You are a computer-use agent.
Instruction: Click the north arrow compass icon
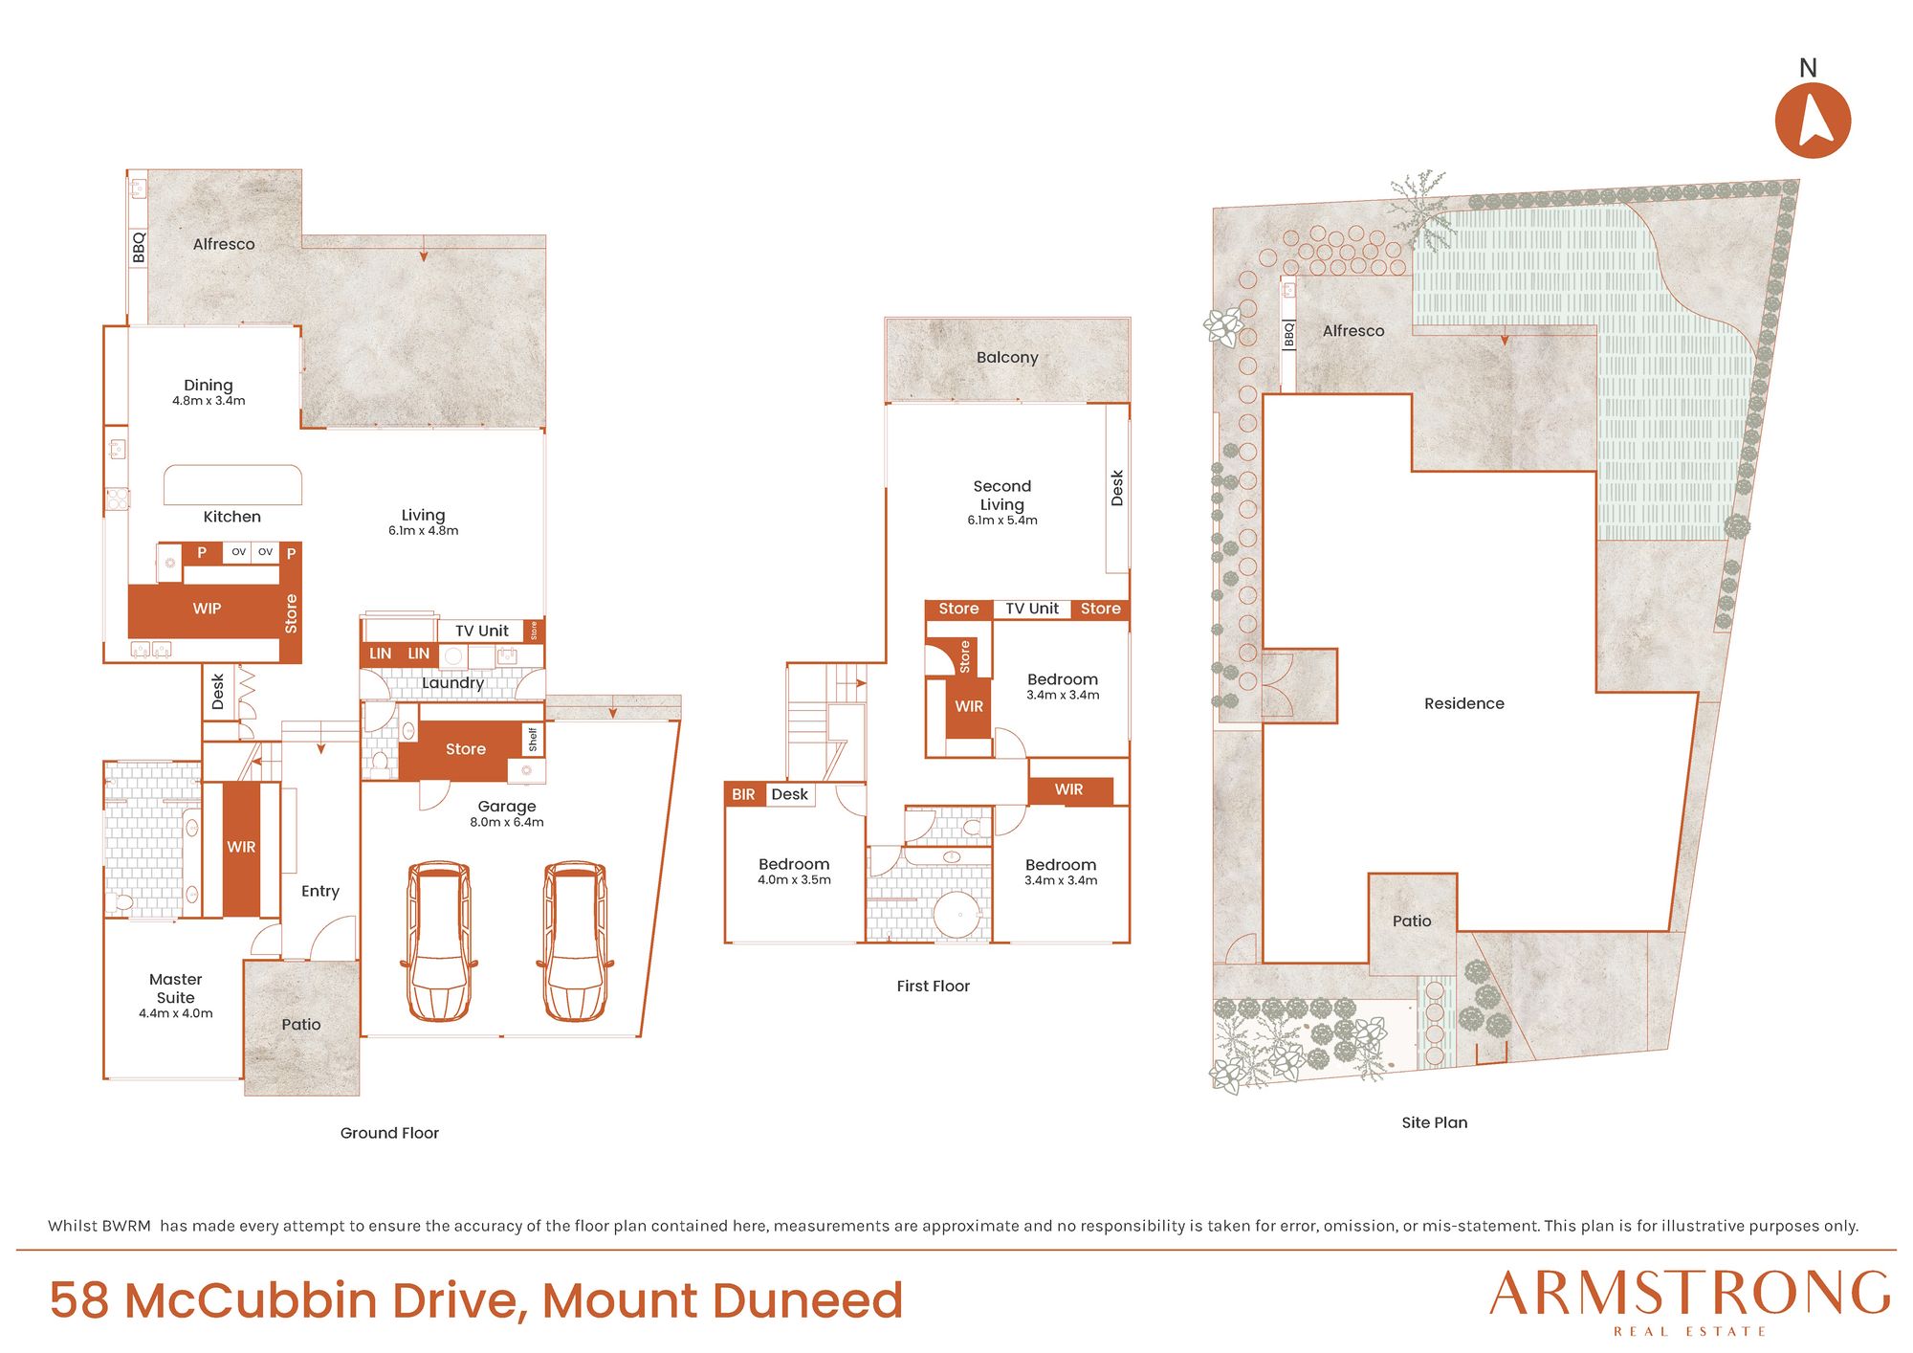tap(1813, 120)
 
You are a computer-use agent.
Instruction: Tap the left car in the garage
tap(439, 942)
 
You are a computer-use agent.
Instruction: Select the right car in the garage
tap(575, 942)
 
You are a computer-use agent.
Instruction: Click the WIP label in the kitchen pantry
tap(207, 609)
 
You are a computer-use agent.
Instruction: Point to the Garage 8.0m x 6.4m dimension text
tap(507, 822)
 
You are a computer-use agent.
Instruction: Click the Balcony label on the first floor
tap(1007, 358)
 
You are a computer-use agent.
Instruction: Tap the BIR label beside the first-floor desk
tap(743, 794)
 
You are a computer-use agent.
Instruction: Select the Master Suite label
tap(176, 988)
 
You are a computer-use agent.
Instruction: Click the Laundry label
tap(452, 683)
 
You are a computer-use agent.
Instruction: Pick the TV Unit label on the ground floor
tap(482, 632)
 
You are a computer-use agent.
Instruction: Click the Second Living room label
tap(1002, 496)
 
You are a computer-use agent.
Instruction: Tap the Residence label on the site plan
tap(1464, 703)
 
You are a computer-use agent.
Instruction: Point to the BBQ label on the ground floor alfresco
tap(139, 247)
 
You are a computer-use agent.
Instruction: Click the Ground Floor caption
tap(389, 1133)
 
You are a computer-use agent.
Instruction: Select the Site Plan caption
tap(1435, 1122)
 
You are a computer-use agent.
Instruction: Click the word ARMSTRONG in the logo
tap(1690, 1294)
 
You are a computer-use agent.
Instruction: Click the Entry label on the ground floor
tap(320, 892)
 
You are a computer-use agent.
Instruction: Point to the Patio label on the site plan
tap(1412, 921)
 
